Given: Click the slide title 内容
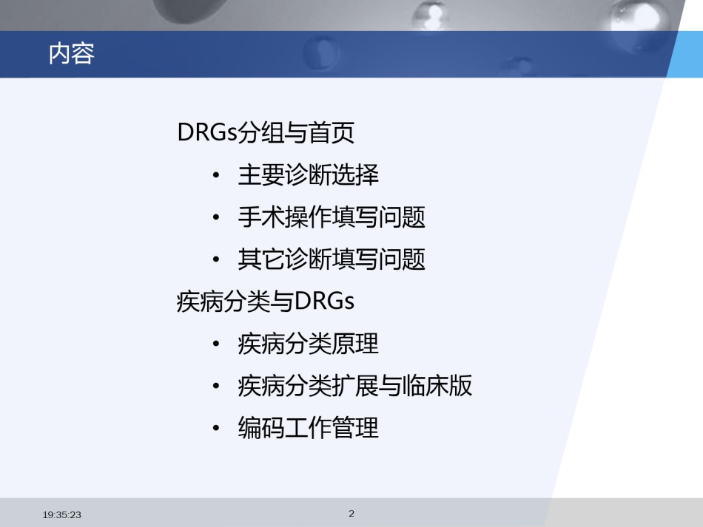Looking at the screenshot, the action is click(x=71, y=54).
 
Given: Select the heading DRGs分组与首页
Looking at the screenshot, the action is click(x=266, y=132).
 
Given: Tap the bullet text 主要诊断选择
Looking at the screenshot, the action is click(x=308, y=174).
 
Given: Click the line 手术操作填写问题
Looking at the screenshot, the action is click(x=332, y=217).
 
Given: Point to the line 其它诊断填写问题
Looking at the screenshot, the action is click(x=332, y=259).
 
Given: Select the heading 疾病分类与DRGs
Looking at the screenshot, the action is click(x=266, y=302).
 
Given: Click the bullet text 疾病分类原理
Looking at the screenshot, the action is click(x=308, y=344).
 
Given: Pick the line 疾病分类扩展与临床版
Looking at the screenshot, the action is click(x=354, y=386).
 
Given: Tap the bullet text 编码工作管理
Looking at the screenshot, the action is click(x=308, y=428).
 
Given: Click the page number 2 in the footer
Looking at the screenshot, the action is click(x=351, y=514).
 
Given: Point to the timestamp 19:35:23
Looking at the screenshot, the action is click(x=62, y=515).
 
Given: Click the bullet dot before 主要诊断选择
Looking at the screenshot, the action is click(x=216, y=175).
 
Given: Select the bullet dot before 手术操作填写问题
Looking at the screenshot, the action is click(x=216, y=217).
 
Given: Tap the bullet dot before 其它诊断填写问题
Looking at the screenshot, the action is click(x=216, y=259).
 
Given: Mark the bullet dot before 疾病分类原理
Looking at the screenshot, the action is click(x=216, y=344).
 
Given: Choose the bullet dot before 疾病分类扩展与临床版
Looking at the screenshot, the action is click(x=216, y=387).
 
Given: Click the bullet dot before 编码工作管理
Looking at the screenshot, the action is click(x=216, y=429).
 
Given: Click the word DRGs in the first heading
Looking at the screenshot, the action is click(x=207, y=132).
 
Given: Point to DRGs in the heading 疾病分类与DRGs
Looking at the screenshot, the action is click(x=325, y=302).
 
